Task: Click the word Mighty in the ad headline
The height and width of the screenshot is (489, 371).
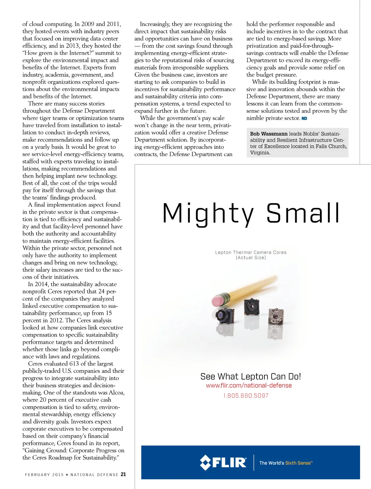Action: [x=208, y=214]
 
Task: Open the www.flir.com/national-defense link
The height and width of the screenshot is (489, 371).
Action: [x=249, y=385]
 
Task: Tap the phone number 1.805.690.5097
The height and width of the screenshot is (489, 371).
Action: [x=246, y=396]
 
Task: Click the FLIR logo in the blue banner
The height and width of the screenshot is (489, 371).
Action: [x=223, y=463]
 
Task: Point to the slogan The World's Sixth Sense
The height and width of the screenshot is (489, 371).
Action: [x=286, y=463]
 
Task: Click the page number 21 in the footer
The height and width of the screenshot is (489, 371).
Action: [x=123, y=474]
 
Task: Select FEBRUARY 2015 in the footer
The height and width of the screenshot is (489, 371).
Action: [x=44, y=475]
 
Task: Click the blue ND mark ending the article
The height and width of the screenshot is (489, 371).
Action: [x=304, y=118]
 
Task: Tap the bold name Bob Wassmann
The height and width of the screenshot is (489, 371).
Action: [x=268, y=134]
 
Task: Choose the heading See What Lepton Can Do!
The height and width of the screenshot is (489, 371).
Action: [x=250, y=376]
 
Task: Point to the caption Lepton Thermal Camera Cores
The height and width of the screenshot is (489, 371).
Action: [x=250, y=252]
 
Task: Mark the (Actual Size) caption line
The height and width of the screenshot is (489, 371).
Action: [x=251, y=258]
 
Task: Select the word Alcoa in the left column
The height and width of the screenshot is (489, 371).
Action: [x=116, y=393]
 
